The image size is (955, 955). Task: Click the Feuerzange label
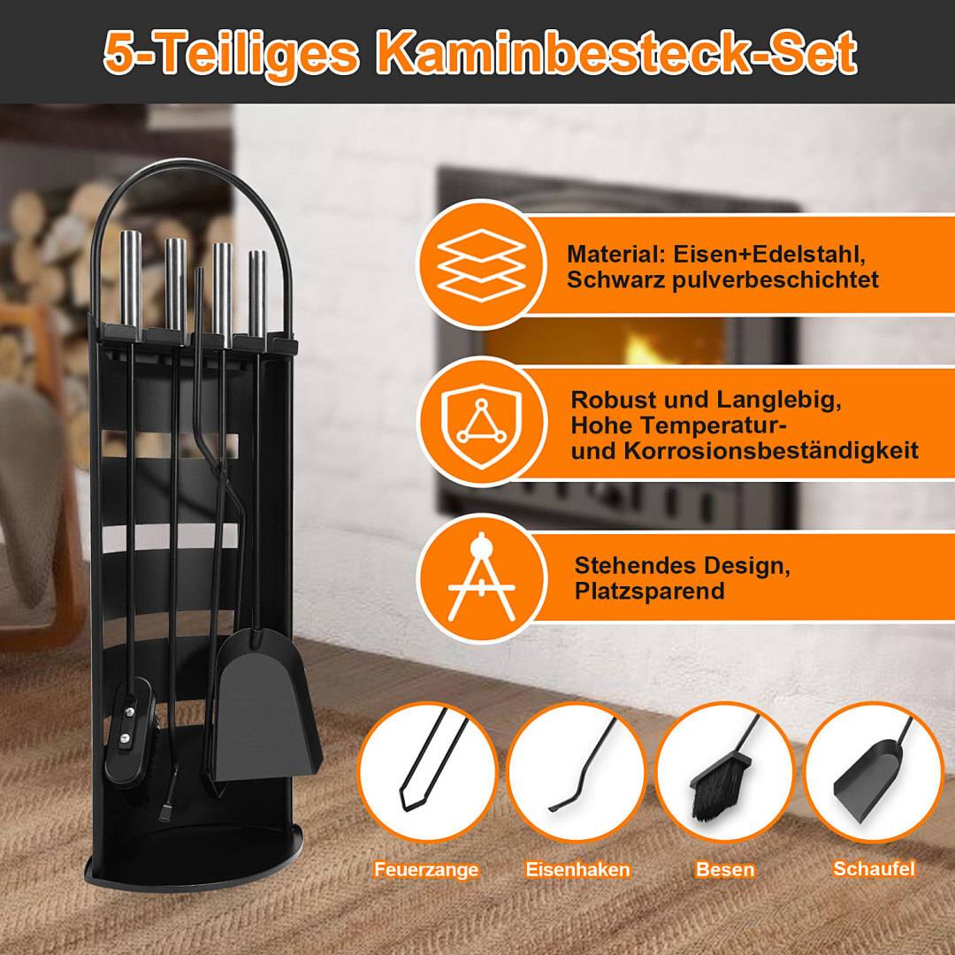point(425,869)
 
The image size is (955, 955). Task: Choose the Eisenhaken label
point(577,869)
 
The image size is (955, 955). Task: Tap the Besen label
point(725,869)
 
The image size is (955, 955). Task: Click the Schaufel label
point(874,868)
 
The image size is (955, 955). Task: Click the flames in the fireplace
point(654,345)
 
